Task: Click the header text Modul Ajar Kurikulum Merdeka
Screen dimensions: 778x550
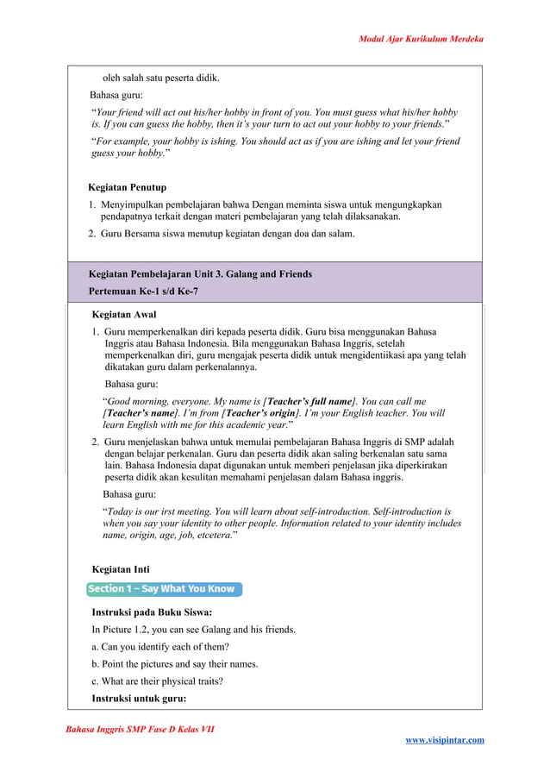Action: click(421, 39)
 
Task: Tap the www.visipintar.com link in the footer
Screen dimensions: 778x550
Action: click(444, 739)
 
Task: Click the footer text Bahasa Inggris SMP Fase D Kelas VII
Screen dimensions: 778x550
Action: click(140, 730)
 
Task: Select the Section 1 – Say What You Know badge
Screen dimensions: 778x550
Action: click(162, 589)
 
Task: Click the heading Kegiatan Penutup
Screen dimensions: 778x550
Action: click(127, 187)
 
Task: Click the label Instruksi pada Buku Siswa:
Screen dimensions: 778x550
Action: click(152, 612)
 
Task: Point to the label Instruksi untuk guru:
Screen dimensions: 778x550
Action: click(138, 699)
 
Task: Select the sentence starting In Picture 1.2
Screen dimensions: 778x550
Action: click(193, 630)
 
